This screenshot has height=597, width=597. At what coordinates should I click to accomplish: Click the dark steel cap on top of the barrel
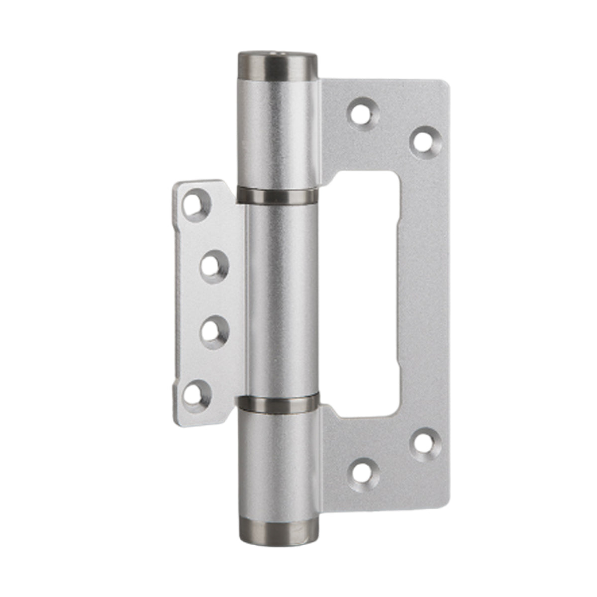[x=278, y=65]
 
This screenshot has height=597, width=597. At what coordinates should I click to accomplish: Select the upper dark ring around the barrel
[x=278, y=195]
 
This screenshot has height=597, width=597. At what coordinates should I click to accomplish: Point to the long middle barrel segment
[x=281, y=298]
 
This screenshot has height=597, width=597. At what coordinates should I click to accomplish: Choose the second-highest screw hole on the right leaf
[x=425, y=139]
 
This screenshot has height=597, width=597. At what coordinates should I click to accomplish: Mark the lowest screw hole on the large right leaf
[x=364, y=472]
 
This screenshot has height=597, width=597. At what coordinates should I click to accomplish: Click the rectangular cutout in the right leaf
[x=366, y=294]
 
